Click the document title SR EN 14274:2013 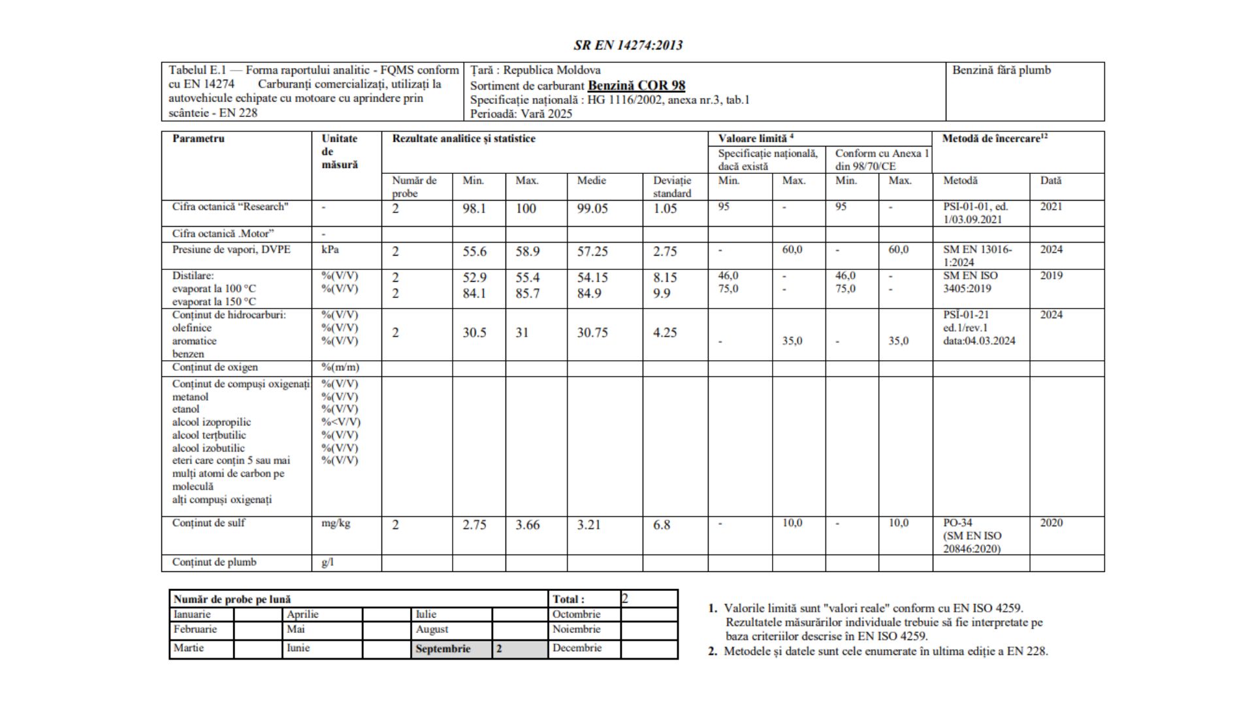628,45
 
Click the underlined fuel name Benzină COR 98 636,85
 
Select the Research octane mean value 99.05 592,209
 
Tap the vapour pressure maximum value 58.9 527,252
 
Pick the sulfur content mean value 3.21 588,525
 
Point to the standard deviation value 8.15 665,278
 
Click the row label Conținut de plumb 214,562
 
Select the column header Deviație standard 671,187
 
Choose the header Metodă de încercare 994,139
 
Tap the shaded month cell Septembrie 443,649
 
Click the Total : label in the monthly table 568,599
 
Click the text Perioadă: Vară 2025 521,114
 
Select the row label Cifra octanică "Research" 231,207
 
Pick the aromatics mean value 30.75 592,333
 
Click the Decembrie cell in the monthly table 577,648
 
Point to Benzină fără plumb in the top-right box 1001,70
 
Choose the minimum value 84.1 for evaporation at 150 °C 474,294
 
